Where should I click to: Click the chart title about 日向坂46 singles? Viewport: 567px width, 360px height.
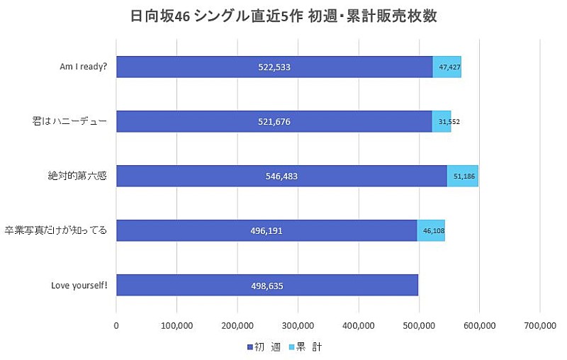tap(283, 16)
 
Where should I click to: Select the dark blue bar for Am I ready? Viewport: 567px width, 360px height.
tap(274, 67)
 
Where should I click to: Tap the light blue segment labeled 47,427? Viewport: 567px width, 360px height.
tap(447, 67)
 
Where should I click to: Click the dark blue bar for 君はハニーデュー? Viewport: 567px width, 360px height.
tap(274, 122)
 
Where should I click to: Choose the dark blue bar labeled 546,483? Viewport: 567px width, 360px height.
tap(281, 176)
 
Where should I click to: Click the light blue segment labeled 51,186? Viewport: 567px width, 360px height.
tap(462, 176)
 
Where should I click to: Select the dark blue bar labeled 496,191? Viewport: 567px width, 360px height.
tap(266, 230)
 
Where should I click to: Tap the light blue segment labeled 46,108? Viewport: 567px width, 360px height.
tap(431, 230)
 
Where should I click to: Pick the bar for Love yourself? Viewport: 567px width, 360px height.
tap(267, 285)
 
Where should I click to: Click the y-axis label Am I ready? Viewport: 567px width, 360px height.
tap(83, 67)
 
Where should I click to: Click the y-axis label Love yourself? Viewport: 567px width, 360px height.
tap(79, 285)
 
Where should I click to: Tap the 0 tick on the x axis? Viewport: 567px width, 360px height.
tap(116, 325)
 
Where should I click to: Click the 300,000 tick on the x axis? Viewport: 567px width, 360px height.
tap(298, 325)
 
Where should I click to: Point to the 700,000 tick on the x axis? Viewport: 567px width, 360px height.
tap(540, 325)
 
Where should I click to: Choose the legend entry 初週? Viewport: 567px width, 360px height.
tap(262, 347)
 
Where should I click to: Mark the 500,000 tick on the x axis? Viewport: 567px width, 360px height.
tap(419, 325)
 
